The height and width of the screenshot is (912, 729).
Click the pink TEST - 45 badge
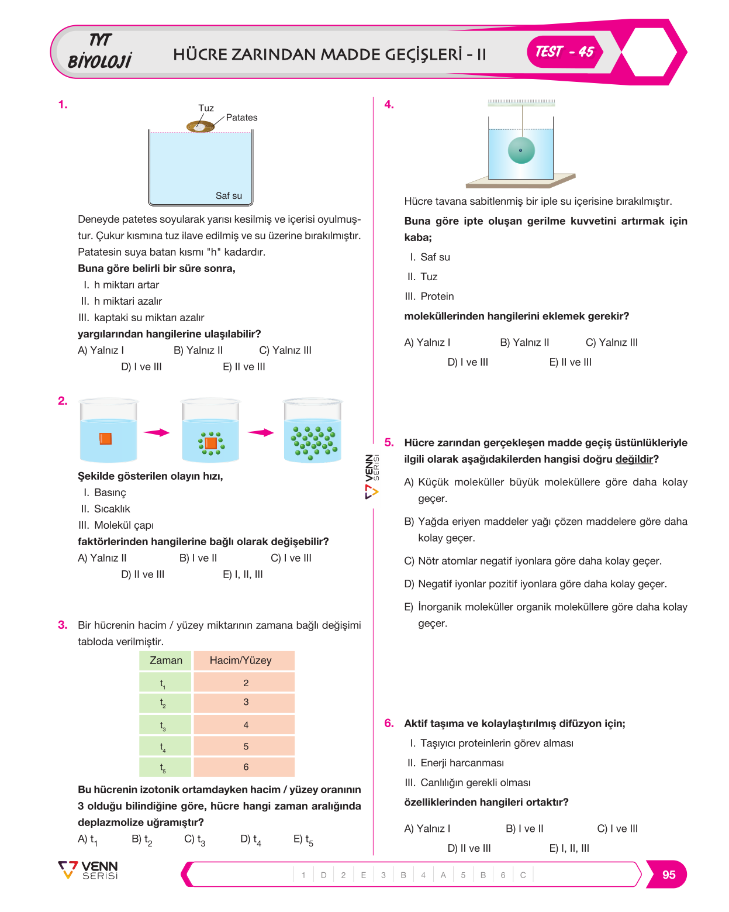[564, 51]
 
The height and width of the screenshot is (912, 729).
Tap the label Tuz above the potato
[206, 108]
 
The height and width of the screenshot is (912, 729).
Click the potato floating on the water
[201, 126]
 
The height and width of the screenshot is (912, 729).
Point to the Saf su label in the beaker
[229, 195]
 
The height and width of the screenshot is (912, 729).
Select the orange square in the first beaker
[105, 438]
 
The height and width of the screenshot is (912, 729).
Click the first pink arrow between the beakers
[156, 432]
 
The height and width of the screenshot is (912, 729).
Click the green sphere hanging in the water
[521, 150]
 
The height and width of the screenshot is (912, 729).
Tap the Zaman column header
[165, 660]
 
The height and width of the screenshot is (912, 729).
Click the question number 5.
[388, 442]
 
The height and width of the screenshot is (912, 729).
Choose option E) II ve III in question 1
[244, 367]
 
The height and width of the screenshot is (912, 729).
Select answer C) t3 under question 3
[195, 839]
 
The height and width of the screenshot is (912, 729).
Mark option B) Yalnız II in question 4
[524, 342]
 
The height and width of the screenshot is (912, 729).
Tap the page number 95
[668, 875]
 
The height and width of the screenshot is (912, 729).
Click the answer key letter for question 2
[363, 875]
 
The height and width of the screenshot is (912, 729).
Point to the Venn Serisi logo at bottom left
[88, 870]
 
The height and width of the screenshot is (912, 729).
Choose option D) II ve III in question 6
[468, 848]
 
